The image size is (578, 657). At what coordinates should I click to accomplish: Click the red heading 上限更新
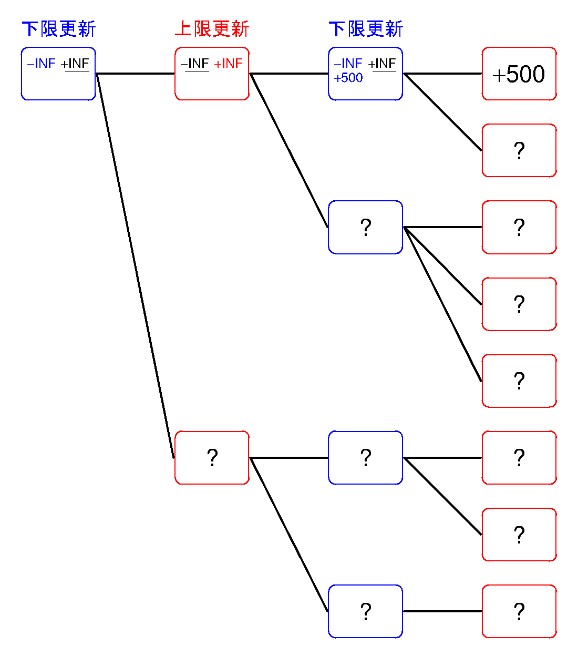coord(212,29)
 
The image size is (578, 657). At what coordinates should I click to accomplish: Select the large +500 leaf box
coord(519,74)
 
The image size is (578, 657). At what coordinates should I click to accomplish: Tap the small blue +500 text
coord(348,78)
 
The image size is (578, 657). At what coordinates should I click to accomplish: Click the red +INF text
coord(229,64)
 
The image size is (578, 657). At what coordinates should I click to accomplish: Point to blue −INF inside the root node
coord(42,64)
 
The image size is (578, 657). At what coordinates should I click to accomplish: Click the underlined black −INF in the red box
coord(195,64)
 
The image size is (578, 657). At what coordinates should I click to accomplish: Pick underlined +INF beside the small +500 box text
coord(382,64)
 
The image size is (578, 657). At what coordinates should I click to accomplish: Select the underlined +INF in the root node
coord(75,64)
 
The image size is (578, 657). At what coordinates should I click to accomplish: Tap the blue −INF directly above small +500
coord(348,64)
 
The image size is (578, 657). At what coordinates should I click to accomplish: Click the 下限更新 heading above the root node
coord(59,29)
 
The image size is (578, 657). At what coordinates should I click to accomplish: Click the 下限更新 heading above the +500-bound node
coord(366,29)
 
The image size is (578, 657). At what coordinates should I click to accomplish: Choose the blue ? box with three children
coord(365,227)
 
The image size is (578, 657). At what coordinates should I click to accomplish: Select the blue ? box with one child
coord(365,611)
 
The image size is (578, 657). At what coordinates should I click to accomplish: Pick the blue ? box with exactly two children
coord(365,458)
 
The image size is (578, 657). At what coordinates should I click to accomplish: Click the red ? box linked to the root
coord(212,458)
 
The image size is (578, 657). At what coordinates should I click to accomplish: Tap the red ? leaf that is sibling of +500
coord(519,150)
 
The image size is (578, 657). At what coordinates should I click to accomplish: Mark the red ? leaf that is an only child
coord(519,611)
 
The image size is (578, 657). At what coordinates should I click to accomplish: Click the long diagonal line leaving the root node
coord(135,265)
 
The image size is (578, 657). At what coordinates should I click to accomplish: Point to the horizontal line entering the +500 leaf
coord(442,74)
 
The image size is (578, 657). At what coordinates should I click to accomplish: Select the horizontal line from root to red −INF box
coord(135,74)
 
